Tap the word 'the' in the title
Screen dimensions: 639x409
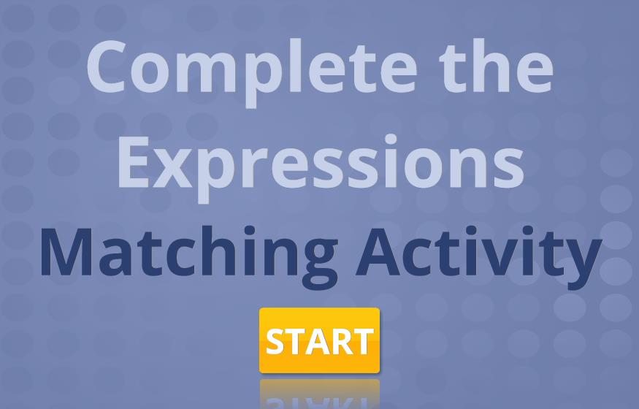point(496,66)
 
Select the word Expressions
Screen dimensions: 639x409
point(321,167)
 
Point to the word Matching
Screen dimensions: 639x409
point(189,255)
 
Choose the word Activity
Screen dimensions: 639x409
point(480,256)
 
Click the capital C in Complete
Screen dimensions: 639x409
point(106,66)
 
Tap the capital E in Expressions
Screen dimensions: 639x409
point(132,161)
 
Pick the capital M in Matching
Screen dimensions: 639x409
point(66,252)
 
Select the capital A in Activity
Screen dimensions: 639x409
point(378,252)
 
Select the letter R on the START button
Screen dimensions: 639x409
point(343,341)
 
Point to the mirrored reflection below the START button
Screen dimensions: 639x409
point(320,394)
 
